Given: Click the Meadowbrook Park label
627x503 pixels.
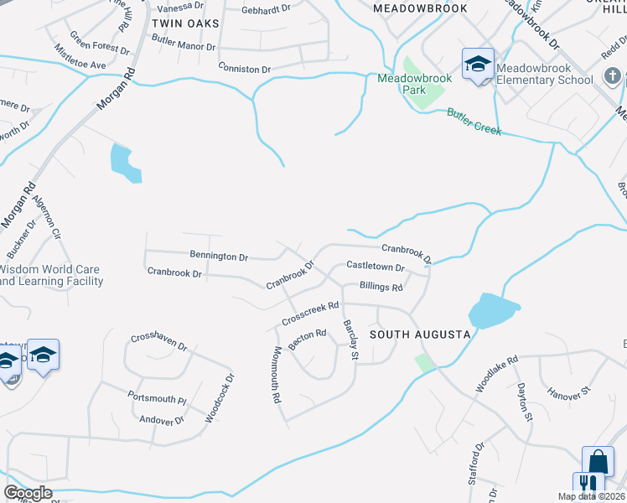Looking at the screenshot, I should coord(414,84).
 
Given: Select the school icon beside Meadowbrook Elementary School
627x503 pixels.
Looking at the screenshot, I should coord(477,64).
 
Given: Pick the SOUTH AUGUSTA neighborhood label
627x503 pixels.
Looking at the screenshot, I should coord(420,334).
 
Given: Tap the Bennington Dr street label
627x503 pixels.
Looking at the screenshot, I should coord(219,257).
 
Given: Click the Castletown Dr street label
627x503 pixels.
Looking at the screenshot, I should coord(376,267).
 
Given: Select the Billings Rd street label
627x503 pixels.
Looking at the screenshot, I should coord(381,287).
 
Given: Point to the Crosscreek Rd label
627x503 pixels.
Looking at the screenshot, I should coord(310,314).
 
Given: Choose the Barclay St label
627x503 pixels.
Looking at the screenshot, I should coord(351,341).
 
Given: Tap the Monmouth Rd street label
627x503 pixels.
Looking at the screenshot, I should coord(276,376).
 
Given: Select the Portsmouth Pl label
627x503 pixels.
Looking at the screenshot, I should coord(157,396).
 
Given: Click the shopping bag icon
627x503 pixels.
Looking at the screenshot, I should coord(598,460).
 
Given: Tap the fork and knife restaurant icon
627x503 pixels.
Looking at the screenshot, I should coord(588,485).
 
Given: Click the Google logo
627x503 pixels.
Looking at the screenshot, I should coord(28,493).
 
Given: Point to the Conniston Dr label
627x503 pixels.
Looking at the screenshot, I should coord(245,69).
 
